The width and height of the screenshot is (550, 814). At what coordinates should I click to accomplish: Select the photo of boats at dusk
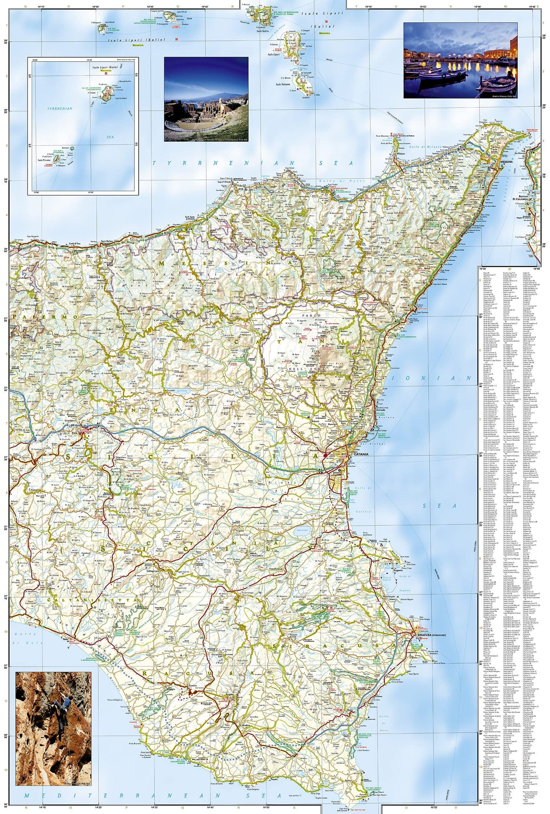tap(461, 60)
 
